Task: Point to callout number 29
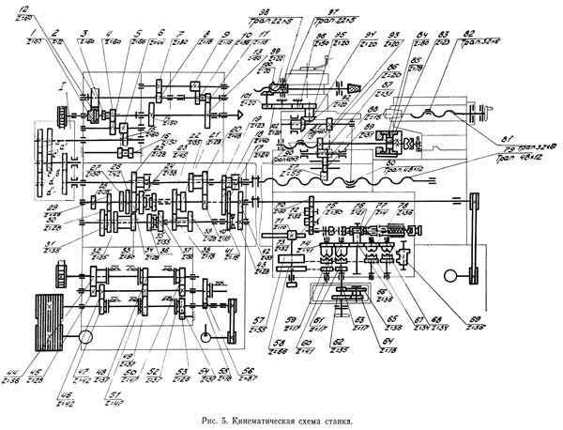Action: [29, 207]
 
